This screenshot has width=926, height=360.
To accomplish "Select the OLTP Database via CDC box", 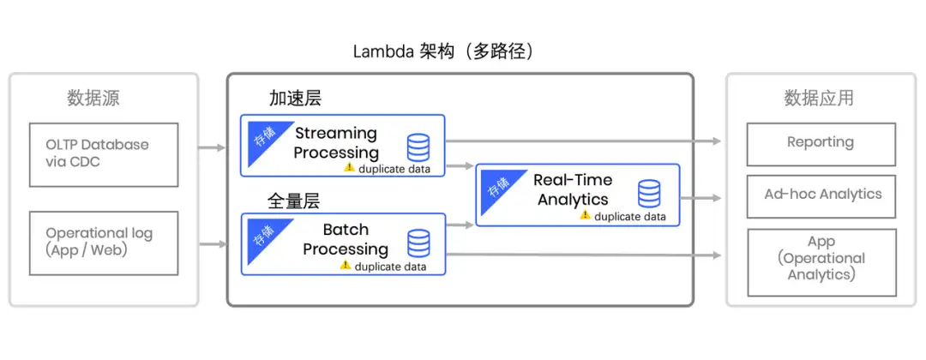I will pos(104,154).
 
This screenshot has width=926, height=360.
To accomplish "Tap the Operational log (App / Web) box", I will pos(104,243).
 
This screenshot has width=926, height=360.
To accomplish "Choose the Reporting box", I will pos(821,143).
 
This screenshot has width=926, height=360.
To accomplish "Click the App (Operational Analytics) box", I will pos(821,258).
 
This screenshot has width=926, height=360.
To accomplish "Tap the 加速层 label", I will pos(294,98).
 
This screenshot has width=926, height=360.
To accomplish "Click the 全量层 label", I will pos(294,201).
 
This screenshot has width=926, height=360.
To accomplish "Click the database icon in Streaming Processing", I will pos(418,147).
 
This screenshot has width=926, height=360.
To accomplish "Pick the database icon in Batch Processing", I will pos(418,243).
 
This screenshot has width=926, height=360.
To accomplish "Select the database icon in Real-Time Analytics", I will pos(649,193).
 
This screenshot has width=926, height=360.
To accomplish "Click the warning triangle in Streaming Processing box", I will pos(349,167).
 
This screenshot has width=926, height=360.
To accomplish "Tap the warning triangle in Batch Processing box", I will pos(345,265).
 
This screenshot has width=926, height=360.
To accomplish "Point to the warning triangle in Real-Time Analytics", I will pos(585,215).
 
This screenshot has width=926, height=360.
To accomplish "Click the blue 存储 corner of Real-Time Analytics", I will pos(495,184).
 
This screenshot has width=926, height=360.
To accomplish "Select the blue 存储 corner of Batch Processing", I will pos(260,234).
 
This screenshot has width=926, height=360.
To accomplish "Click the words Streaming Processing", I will pos(335,142).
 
